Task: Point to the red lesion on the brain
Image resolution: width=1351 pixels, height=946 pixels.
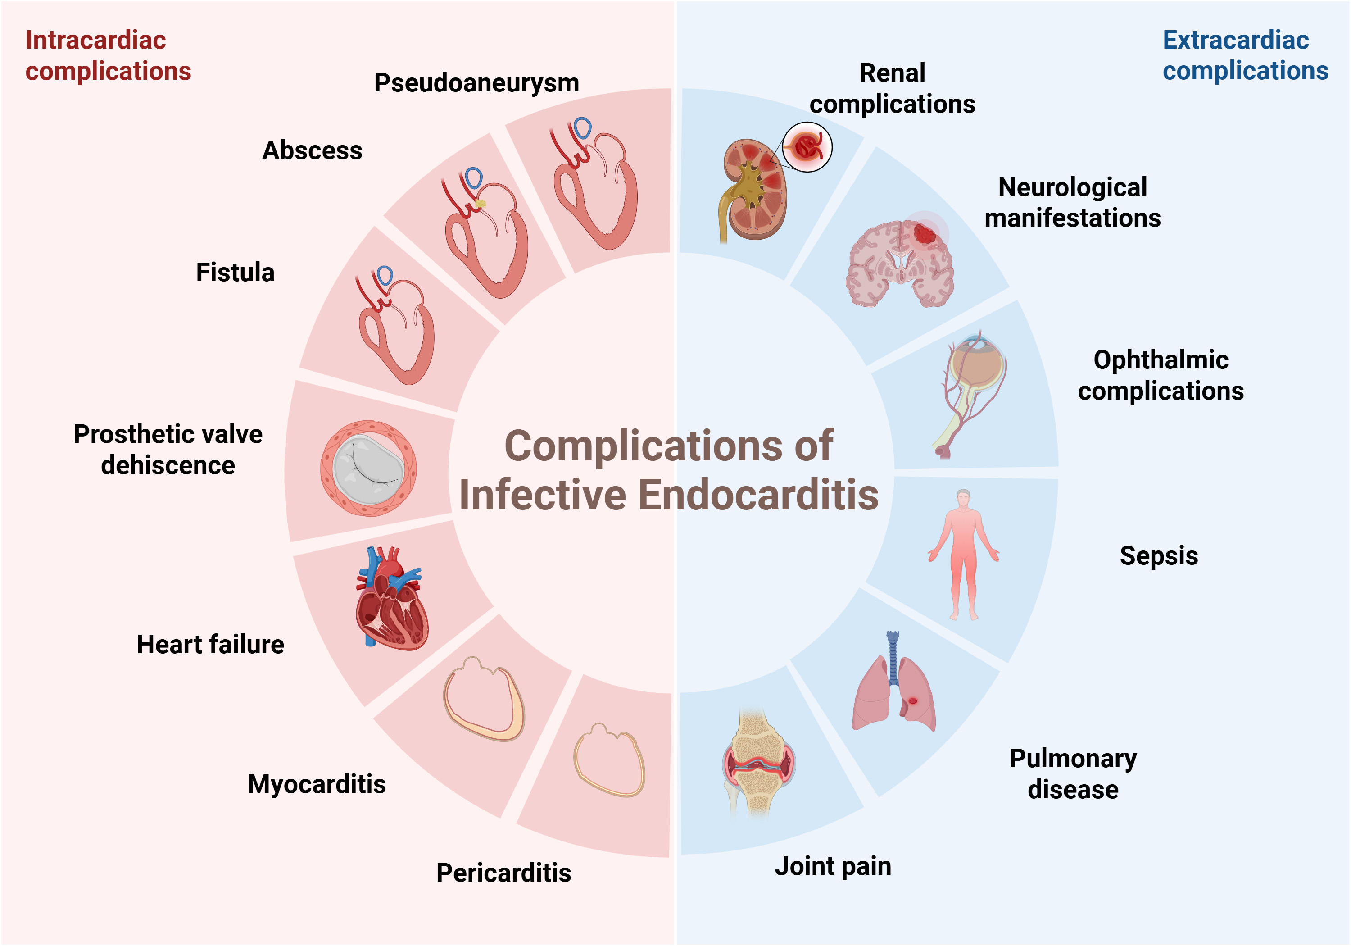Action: pyautogui.click(x=925, y=234)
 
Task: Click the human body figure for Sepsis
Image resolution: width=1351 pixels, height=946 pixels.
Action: pyautogui.click(x=963, y=553)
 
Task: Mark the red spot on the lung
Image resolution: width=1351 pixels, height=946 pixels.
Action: pyautogui.click(x=913, y=700)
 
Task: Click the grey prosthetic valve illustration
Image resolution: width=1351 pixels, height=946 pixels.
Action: pyautogui.click(x=368, y=468)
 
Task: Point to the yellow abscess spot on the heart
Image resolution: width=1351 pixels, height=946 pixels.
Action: pyautogui.click(x=480, y=204)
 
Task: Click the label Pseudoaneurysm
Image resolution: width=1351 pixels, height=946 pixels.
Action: pyautogui.click(x=476, y=83)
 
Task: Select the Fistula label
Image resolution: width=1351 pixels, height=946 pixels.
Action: pyautogui.click(x=236, y=273)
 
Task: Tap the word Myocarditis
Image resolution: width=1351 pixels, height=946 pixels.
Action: pyautogui.click(x=317, y=784)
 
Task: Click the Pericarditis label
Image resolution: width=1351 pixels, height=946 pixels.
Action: pyautogui.click(x=503, y=873)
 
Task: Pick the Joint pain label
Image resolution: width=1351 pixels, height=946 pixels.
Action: pyautogui.click(x=833, y=866)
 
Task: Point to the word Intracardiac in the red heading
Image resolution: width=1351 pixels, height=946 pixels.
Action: pyautogui.click(x=95, y=40)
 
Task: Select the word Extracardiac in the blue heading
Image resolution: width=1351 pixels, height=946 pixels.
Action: pyautogui.click(x=1236, y=40)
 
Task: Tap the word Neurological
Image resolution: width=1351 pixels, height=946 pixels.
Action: pyautogui.click(x=1072, y=187)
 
